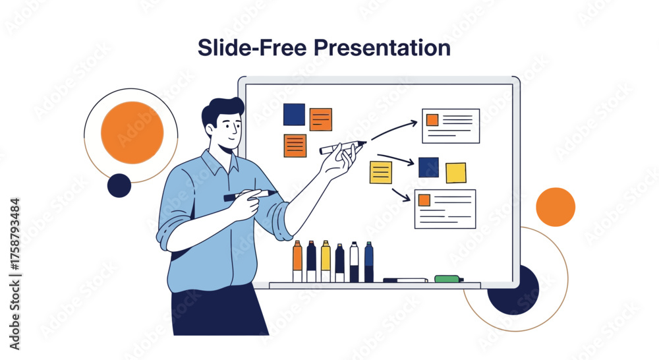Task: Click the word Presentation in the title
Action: [382, 48]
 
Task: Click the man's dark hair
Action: [221, 111]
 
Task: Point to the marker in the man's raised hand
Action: [343, 147]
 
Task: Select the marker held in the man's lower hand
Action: [250, 195]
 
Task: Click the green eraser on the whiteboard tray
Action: [448, 278]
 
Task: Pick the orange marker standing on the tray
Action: [297, 261]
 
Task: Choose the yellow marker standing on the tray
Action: [326, 261]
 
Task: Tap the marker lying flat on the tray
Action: [405, 280]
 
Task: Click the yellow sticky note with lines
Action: [381, 173]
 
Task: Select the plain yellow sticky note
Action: [456, 173]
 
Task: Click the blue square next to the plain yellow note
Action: [429, 167]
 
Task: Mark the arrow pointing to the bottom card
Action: [401, 195]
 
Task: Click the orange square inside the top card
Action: [432, 120]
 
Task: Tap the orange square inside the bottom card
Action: [424, 200]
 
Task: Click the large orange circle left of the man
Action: [132, 133]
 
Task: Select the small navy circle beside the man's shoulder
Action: [119, 185]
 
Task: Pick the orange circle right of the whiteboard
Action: [556, 207]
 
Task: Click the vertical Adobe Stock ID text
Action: [14, 274]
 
